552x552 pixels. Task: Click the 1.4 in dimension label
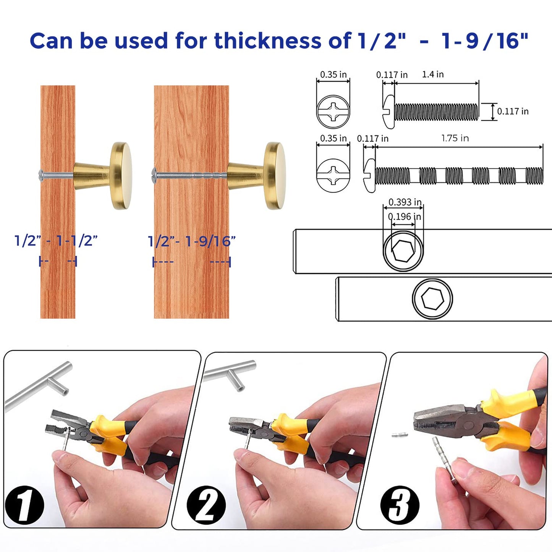tap(432, 74)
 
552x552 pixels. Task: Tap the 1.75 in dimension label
tap(455, 138)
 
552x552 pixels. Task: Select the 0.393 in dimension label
tap(405, 202)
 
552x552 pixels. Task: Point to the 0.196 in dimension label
tap(404, 217)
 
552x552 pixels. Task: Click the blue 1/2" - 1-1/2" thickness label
tap(56, 241)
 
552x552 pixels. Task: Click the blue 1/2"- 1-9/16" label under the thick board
tap(191, 241)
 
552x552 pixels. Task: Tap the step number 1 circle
tap(24, 505)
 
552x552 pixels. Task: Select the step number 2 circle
tap(206, 505)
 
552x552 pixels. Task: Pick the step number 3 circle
tap(400, 505)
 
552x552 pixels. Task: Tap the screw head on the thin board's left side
tap(42, 175)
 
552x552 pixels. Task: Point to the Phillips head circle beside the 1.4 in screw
tap(333, 112)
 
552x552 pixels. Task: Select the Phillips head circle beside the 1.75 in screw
tap(333, 175)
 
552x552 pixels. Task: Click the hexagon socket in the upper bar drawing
tap(403, 252)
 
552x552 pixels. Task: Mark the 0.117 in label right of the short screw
tap(513, 112)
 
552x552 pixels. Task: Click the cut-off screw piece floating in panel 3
tap(400, 435)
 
